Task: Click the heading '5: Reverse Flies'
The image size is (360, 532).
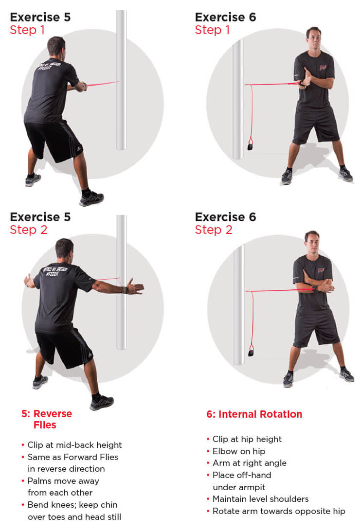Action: click(47, 419)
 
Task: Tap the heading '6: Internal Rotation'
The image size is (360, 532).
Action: click(254, 414)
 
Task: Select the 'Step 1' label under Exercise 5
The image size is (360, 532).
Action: click(27, 30)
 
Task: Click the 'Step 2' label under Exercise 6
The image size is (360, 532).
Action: click(214, 230)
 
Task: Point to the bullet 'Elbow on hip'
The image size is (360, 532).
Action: click(239, 451)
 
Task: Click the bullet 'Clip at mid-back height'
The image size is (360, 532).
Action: click(74, 445)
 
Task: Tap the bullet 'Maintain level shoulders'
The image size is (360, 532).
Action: click(261, 499)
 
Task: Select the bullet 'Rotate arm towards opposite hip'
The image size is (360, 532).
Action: click(279, 511)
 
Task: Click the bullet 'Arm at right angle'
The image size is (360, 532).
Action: click(250, 463)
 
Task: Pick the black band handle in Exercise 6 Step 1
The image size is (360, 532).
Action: click(250, 146)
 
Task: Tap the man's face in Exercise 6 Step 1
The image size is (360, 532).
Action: click(314, 37)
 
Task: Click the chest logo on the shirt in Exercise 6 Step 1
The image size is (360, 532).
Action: click(323, 68)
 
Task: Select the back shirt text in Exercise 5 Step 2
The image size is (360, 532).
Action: click(55, 271)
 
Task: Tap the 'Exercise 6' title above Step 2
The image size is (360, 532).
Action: click(226, 217)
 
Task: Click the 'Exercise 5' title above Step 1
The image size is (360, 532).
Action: click(40, 17)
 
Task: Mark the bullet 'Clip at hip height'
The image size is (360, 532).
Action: click(247, 439)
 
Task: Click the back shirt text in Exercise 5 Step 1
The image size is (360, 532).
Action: click(49, 66)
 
